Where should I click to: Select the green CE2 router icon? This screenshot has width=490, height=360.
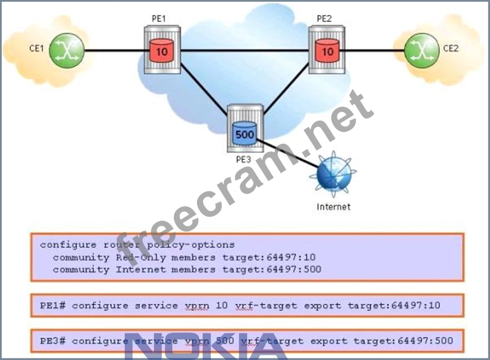pyautogui.click(x=421, y=49)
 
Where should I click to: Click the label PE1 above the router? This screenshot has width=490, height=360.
pyautogui.click(x=159, y=19)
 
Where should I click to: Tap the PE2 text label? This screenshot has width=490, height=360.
pyautogui.click(x=324, y=19)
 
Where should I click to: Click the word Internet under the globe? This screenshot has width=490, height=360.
pyautogui.click(x=333, y=207)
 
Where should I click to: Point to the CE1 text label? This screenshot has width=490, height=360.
pyautogui.click(x=36, y=48)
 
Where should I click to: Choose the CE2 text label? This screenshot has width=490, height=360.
pyautogui.click(x=451, y=48)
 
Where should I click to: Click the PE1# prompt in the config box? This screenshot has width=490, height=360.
pyautogui.click(x=53, y=306)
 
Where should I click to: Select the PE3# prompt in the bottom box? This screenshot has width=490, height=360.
pyautogui.click(x=53, y=341)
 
